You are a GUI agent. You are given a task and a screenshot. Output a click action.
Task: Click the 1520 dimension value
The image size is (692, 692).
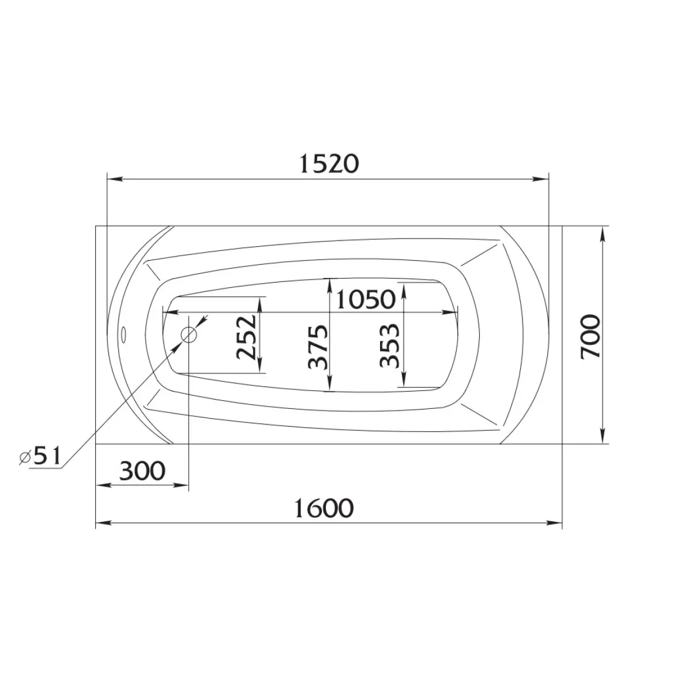pos(329,164)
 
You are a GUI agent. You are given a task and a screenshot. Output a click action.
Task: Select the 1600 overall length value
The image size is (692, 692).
pos(324,508)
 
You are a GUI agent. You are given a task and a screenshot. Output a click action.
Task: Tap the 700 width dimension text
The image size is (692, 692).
pos(591,336)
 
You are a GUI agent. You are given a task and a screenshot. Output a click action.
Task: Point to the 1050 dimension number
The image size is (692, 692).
pos(366,299)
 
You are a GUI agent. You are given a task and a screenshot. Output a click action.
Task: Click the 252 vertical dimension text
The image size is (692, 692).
pos(246,337)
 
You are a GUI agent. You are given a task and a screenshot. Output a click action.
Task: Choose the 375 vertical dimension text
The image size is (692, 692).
pos(318,347)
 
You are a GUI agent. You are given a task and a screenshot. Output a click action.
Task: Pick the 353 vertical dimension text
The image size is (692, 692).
pos(389,346)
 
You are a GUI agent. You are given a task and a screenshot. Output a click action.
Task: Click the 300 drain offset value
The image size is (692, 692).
pos(142,471)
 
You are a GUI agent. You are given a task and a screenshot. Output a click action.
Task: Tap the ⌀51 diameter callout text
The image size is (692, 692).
pos(40,456)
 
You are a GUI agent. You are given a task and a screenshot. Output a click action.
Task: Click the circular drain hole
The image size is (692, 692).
pos(189,334)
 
